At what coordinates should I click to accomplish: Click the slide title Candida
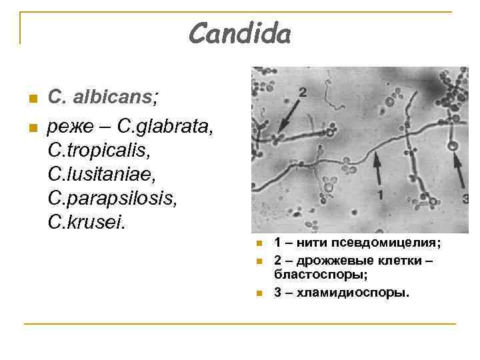pos(239,33)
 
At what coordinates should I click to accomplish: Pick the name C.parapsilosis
pos(111,197)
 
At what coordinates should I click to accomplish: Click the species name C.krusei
pos(87,221)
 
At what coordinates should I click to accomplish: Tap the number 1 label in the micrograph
pos(379,194)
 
